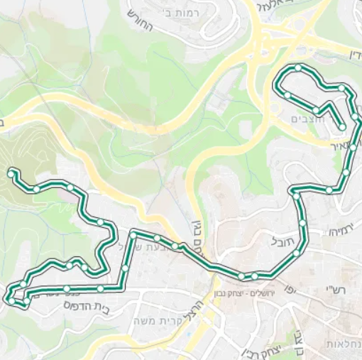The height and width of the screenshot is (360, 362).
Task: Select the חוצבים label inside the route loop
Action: (307, 119)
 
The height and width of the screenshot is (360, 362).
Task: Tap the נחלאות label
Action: (344, 344)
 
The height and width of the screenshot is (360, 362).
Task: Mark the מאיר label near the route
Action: (341, 145)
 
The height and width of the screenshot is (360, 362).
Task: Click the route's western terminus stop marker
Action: (11, 173)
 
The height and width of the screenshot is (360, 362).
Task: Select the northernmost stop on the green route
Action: (299, 69)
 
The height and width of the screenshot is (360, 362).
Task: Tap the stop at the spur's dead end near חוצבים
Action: (342, 127)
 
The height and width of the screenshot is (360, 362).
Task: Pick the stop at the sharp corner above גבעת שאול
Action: (133, 234)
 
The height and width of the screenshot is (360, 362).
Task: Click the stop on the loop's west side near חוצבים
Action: (287, 94)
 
